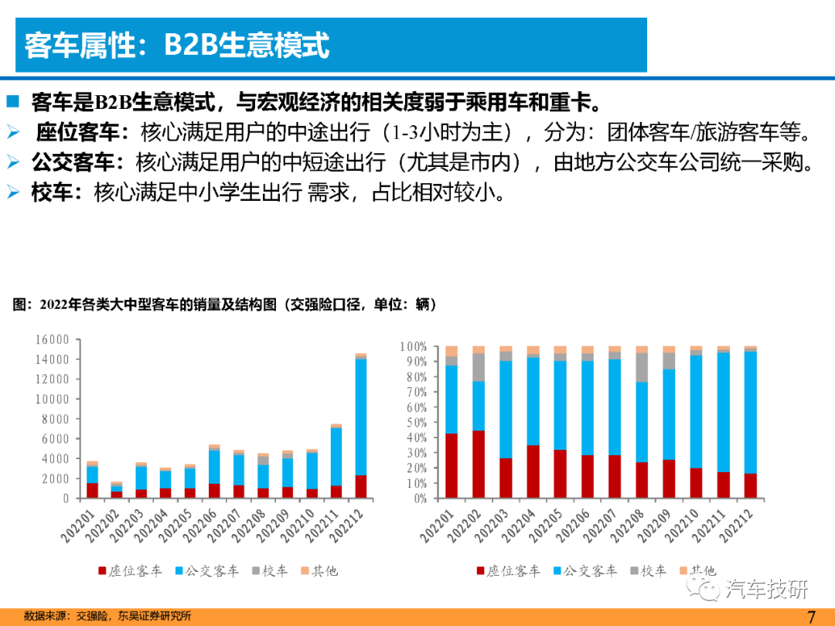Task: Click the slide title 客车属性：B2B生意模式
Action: tap(177, 45)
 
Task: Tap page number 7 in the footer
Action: tap(811, 617)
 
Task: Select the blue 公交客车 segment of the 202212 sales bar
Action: tap(360, 417)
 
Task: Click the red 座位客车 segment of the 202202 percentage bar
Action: tap(479, 464)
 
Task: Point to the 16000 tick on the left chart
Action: tap(53, 339)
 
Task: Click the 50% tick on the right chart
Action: tap(413, 423)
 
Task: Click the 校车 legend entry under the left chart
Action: tap(270, 570)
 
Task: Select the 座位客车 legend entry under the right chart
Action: tap(508, 570)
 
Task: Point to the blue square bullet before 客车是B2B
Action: tap(13, 101)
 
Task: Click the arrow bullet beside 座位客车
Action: tap(13, 131)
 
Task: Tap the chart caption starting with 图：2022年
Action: tap(224, 304)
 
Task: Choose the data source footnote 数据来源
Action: tap(107, 616)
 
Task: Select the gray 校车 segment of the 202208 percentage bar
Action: tap(642, 367)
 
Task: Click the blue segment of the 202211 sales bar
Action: tap(336, 457)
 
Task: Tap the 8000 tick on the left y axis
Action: tap(56, 419)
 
